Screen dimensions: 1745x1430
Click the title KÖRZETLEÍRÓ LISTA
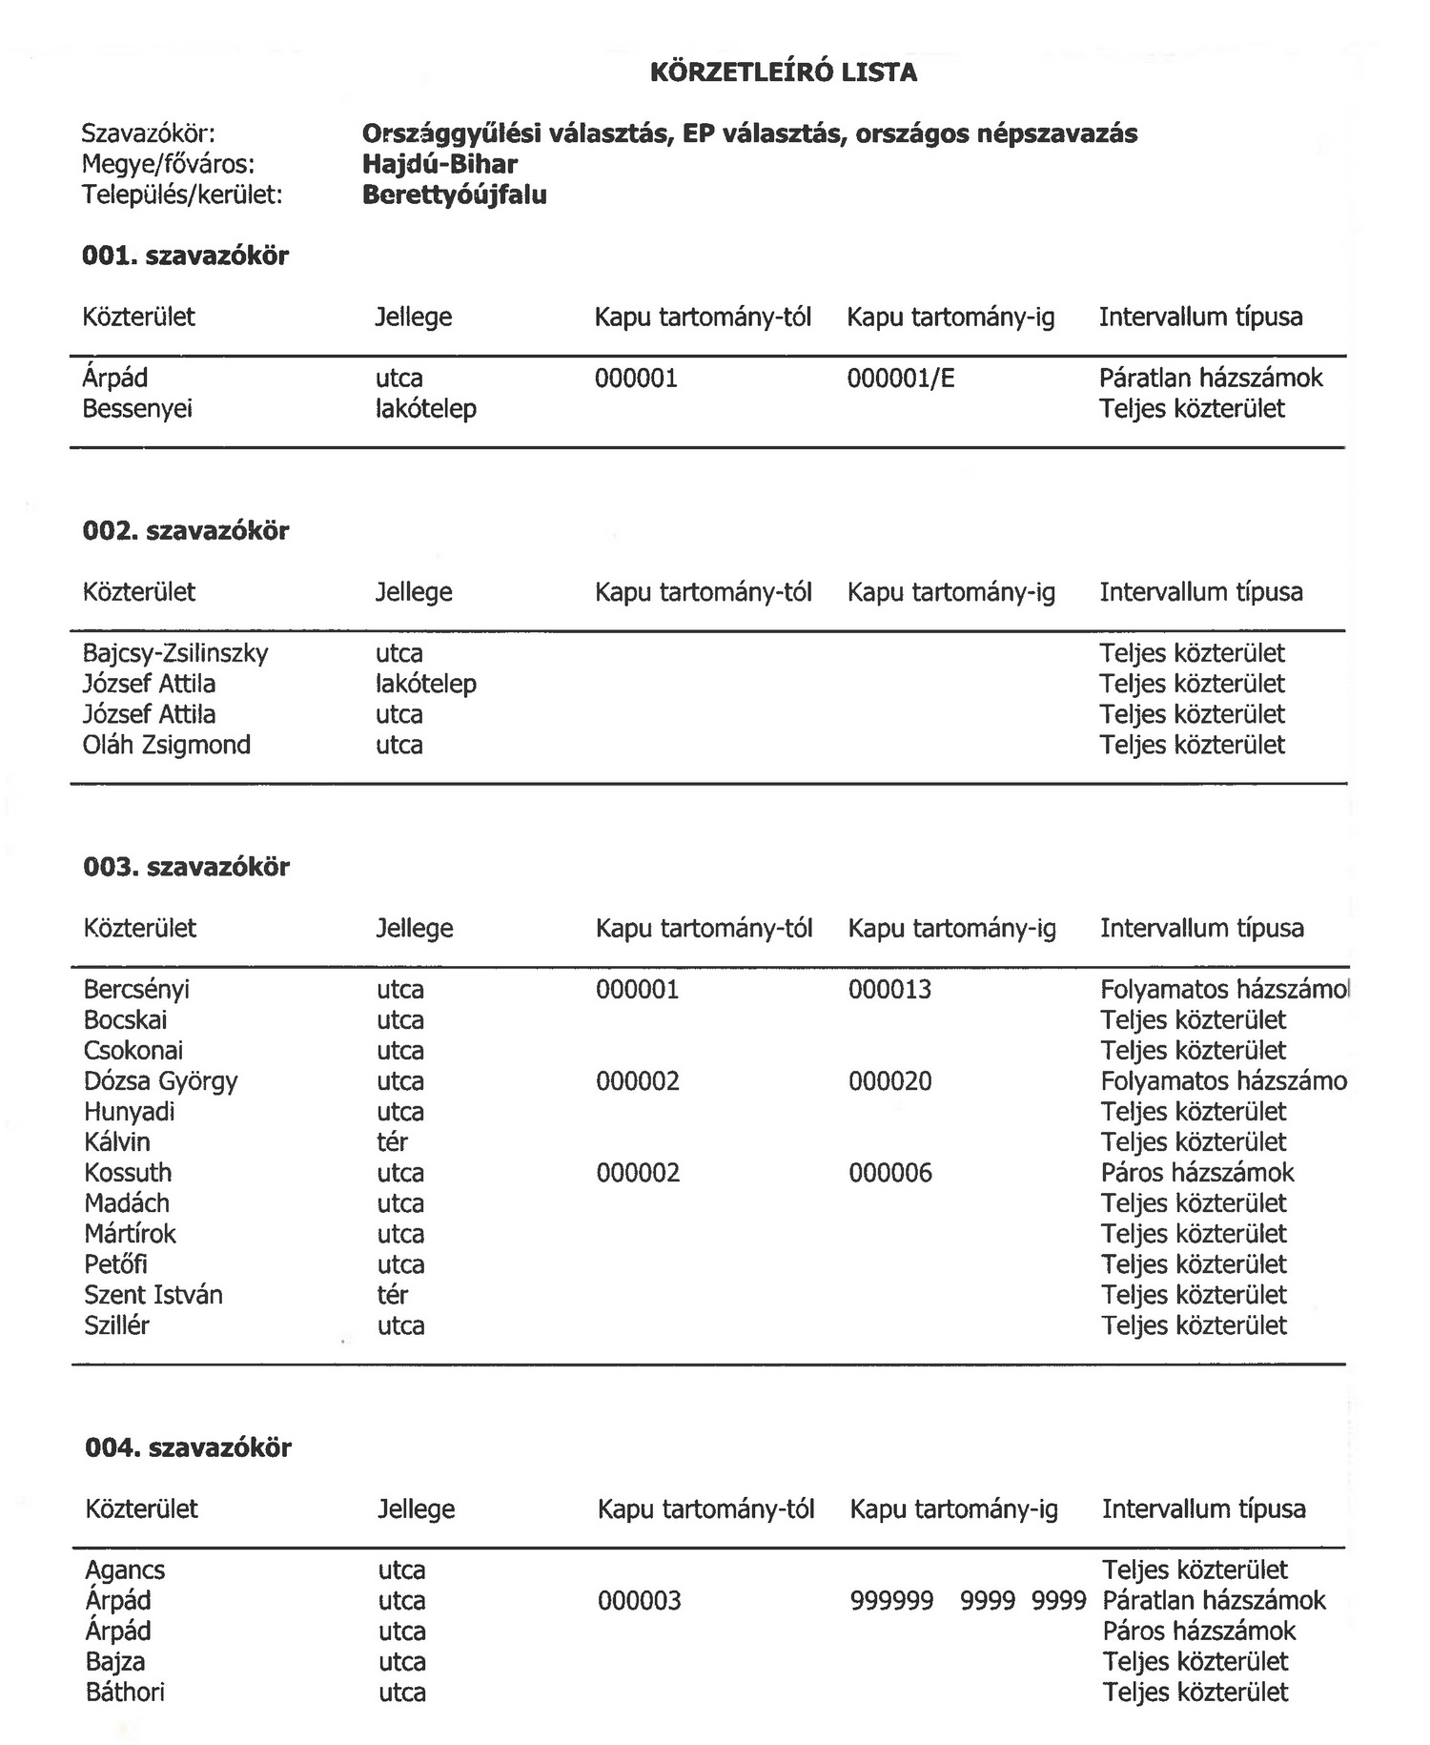coord(783,73)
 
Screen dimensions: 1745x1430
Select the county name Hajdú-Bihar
coord(439,164)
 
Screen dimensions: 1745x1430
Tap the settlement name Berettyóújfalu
coord(455,195)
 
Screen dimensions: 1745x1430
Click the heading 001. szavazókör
coord(185,256)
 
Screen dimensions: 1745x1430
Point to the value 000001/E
coord(900,379)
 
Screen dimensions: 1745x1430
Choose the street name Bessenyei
coord(137,409)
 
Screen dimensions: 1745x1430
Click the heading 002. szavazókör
coord(186,530)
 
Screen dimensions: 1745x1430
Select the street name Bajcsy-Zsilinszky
coord(175,653)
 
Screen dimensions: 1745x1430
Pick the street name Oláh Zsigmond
coord(167,745)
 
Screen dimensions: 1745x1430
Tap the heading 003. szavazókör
coord(187,867)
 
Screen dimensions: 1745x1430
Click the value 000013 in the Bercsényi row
coord(889,990)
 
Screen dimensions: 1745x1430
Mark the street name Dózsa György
coord(160,1081)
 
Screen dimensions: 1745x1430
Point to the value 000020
coord(890,1081)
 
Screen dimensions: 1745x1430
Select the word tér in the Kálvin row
coord(392,1142)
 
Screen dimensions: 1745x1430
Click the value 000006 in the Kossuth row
coord(890,1173)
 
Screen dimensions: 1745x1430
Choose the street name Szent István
coord(153,1295)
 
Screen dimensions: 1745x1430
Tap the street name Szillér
coord(116,1325)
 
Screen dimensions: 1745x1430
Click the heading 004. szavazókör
coord(188,1447)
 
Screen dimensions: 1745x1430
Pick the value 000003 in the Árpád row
coord(640,1600)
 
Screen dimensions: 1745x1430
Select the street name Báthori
coord(125,1692)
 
